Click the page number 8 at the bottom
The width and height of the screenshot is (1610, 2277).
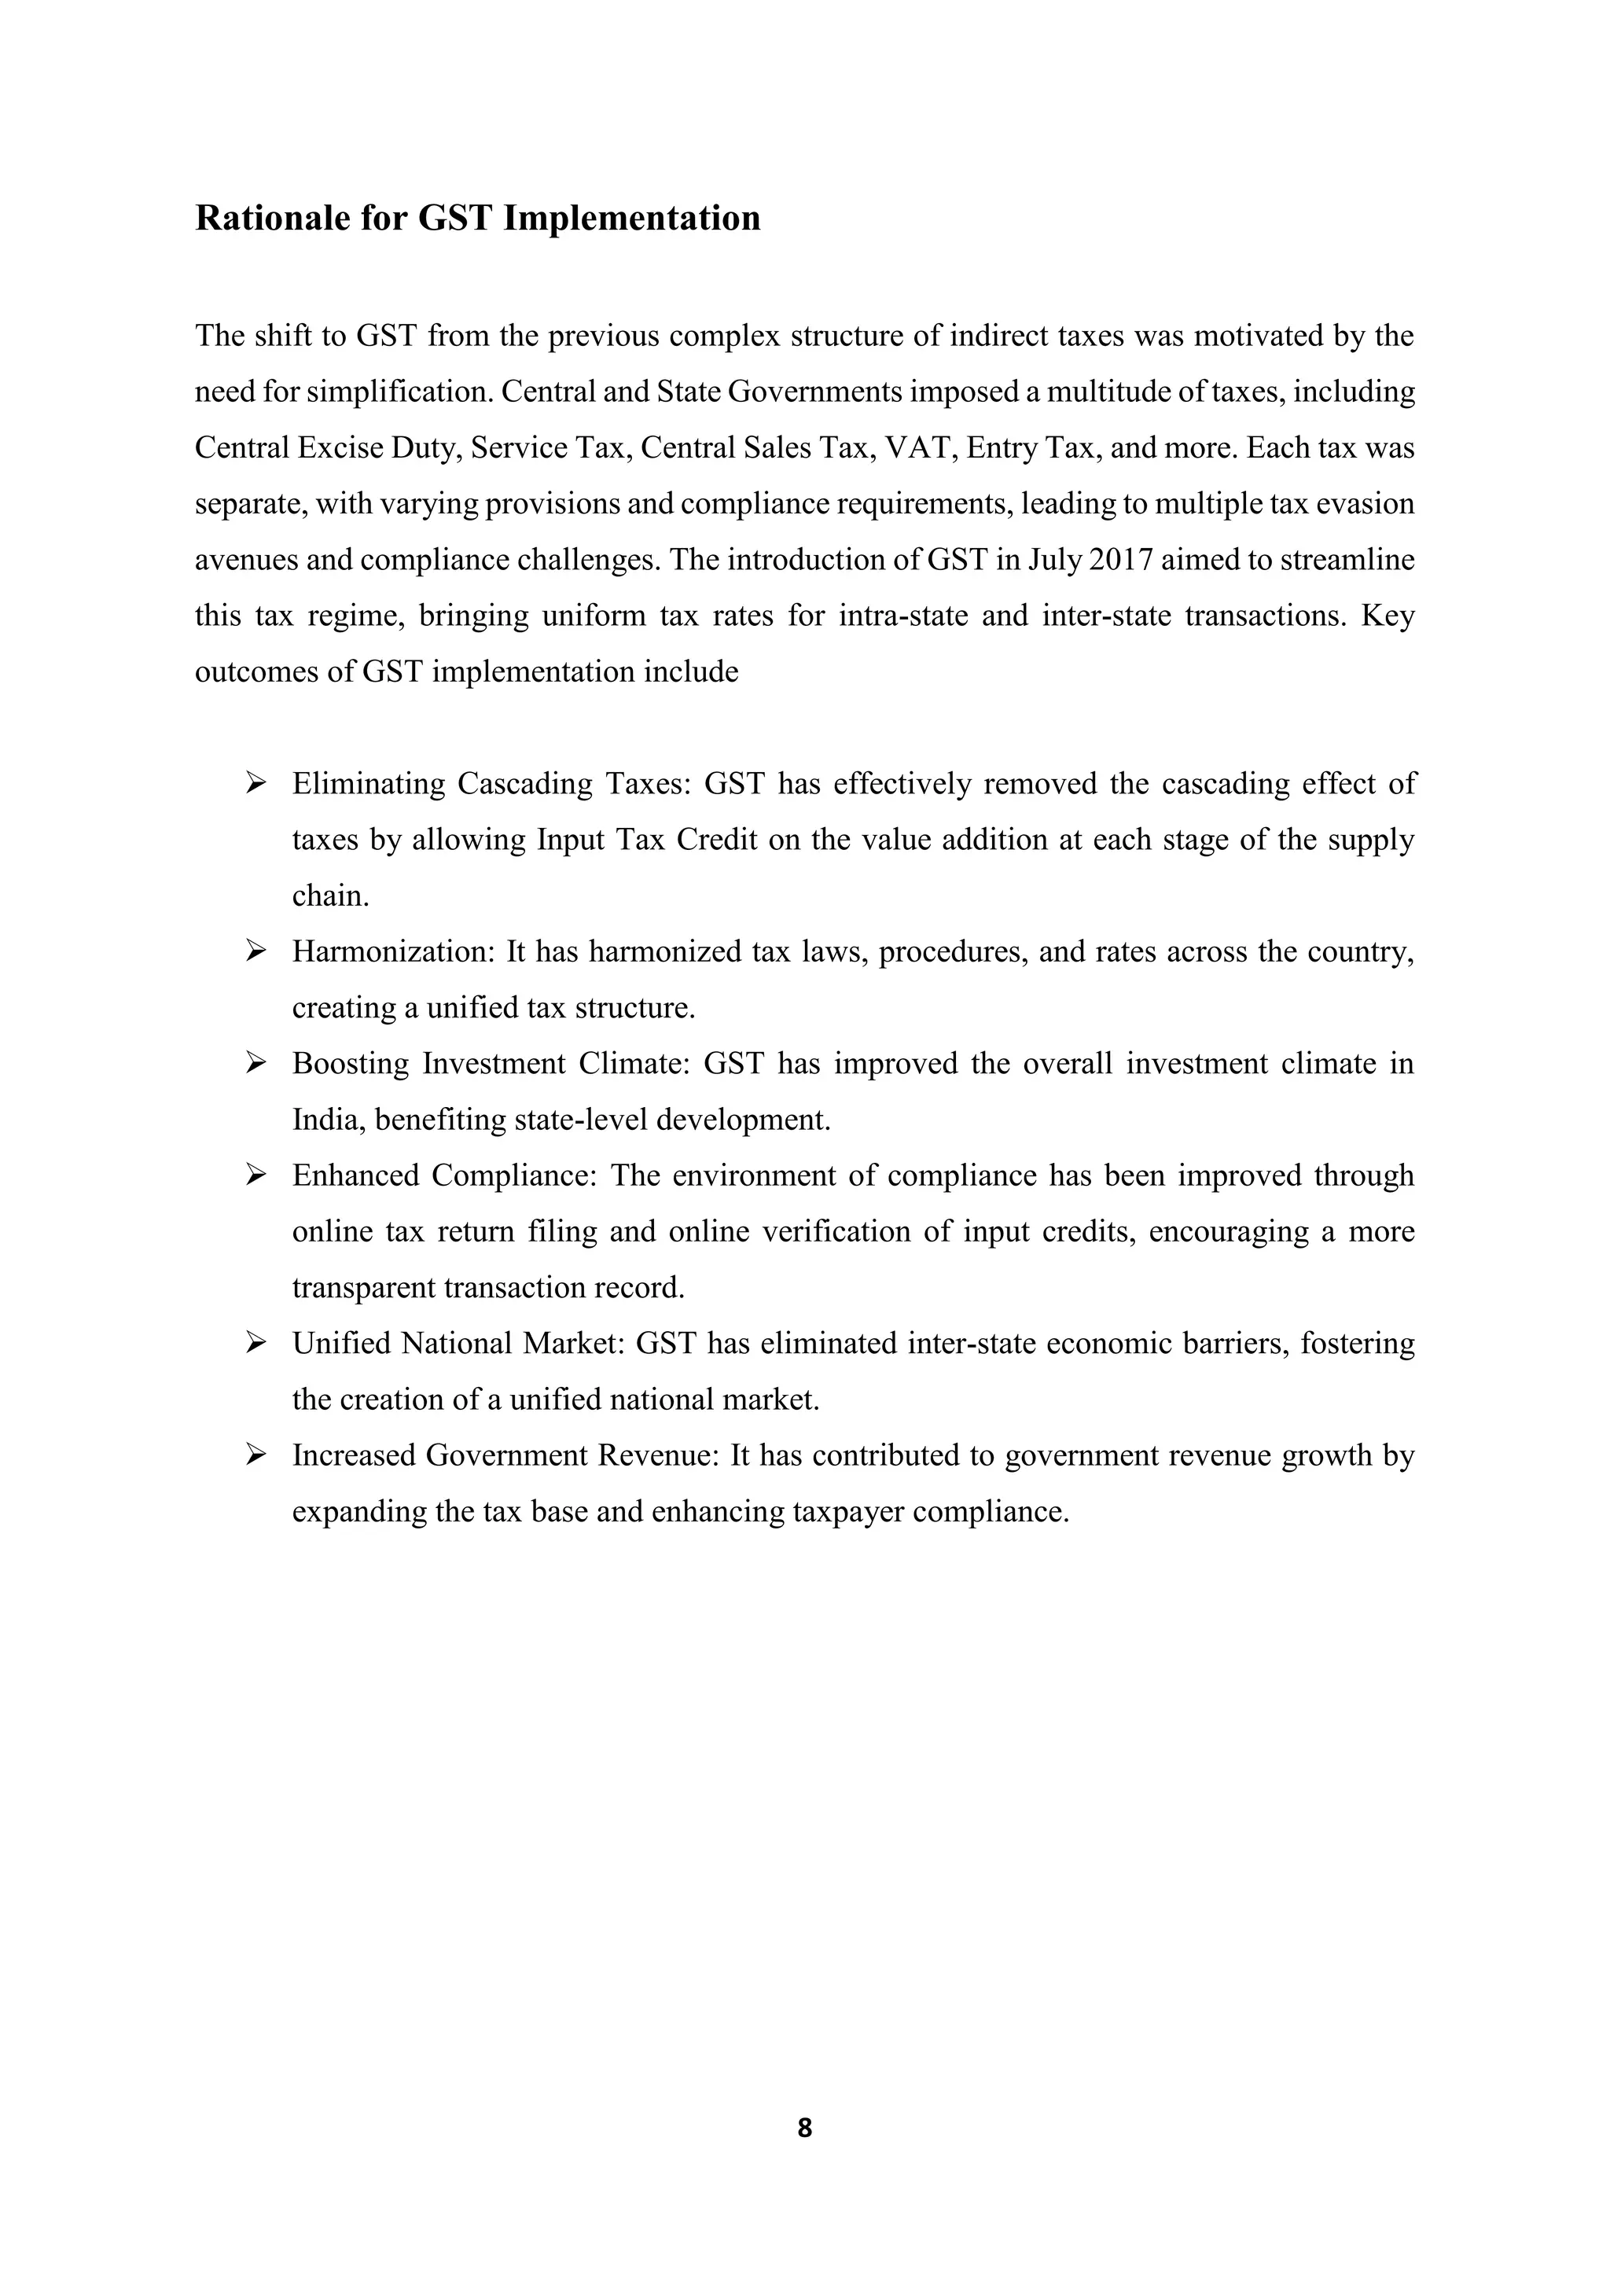click(x=804, y=2128)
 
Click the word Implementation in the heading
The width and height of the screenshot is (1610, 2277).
click(x=631, y=218)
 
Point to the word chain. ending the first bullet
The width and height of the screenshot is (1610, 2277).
click(x=330, y=896)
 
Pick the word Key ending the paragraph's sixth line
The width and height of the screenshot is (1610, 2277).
click(x=1388, y=616)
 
